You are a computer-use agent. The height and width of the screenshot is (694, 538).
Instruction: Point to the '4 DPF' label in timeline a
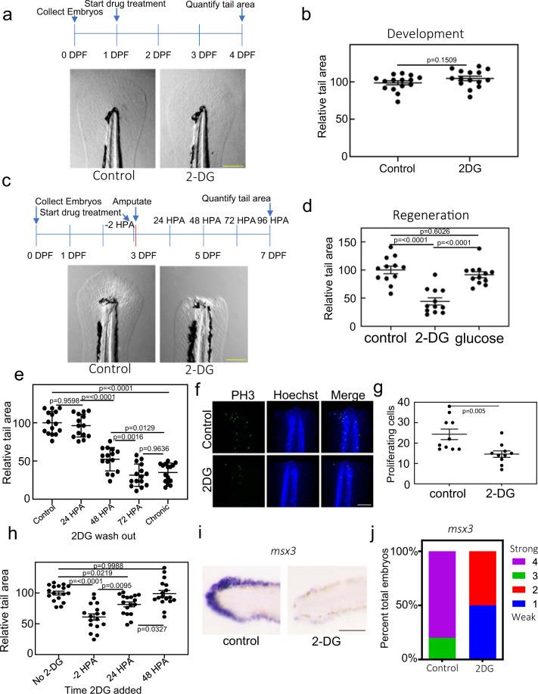click(x=242, y=56)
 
